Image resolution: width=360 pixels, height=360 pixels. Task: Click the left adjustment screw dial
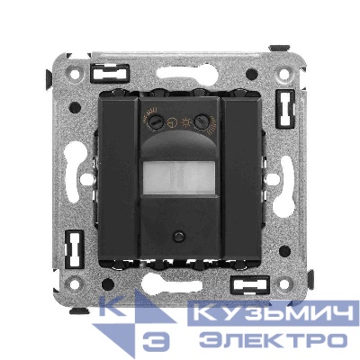point(156,121)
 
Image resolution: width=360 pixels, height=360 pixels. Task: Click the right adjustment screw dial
point(201,121)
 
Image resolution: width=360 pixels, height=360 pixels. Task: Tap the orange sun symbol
point(185,121)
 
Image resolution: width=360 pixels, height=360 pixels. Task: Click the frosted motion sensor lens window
point(179,178)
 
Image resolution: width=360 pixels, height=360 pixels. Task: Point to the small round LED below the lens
point(179,236)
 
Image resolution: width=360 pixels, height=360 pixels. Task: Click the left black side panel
point(118,178)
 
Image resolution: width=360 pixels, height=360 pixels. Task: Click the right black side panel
point(241,178)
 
